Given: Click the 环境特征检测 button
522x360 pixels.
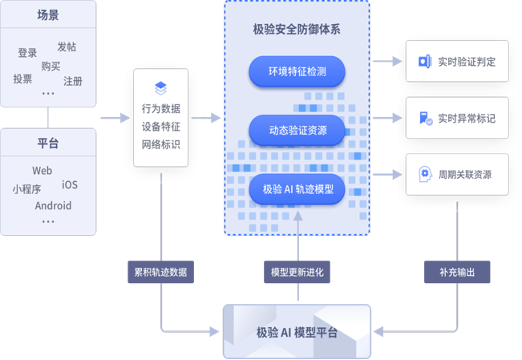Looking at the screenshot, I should (x=297, y=71).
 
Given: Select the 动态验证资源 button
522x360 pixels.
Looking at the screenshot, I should (x=297, y=130).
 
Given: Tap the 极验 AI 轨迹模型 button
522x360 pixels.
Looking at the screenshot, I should (x=297, y=190).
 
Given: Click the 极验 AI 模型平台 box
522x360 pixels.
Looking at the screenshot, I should (x=297, y=332).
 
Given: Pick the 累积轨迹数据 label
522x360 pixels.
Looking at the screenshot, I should (x=161, y=272).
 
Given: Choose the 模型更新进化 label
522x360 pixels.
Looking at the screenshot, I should (x=297, y=272).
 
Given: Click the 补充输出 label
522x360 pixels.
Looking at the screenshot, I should (x=457, y=272).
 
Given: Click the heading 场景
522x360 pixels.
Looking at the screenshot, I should (x=48, y=14).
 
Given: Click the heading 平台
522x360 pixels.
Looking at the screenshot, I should (x=48, y=144).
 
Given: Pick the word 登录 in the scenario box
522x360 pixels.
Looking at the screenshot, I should (x=27, y=53).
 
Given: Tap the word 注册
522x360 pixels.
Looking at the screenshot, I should (x=73, y=81).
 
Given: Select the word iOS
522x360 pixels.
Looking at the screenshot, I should (x=70, y=184).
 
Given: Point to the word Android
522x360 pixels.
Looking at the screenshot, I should (x=53, y=205).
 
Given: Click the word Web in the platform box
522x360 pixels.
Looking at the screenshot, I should (x=42, y=171).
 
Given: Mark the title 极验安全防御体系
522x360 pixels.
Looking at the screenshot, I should (x=297, y=30).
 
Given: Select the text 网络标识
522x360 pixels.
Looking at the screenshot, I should (x=161, y=144).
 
